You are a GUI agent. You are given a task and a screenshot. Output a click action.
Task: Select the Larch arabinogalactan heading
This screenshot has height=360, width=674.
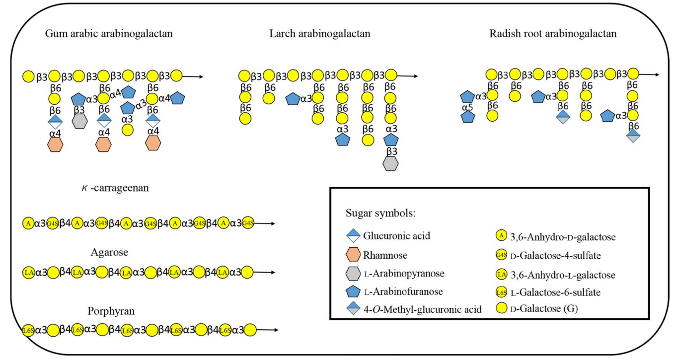point(320,34)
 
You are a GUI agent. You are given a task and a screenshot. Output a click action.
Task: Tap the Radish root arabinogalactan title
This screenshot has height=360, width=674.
point(553,34)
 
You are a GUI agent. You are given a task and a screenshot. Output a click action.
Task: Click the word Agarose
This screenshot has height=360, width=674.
point(109,252)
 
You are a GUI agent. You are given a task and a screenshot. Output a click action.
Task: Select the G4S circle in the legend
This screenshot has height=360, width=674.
point(502,256)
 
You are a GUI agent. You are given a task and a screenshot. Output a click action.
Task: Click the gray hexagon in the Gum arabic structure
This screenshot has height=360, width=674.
point(80,121)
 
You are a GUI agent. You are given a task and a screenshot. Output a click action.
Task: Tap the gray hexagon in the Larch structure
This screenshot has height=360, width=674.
point(391,164)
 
